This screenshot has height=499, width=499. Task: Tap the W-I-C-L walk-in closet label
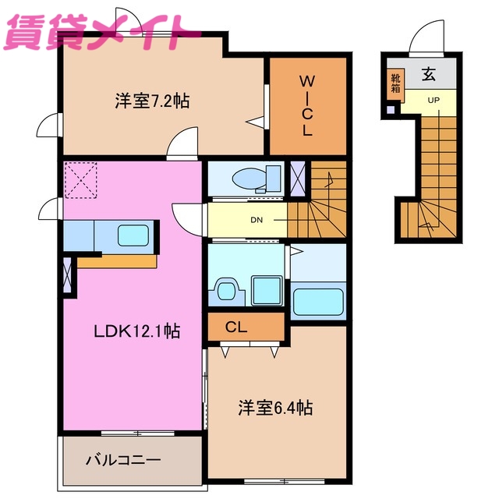307,105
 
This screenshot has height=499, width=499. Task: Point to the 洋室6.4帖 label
275,408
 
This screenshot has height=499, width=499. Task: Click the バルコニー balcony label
122,459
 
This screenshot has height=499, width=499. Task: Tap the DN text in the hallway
256,219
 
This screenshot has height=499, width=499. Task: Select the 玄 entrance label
429,76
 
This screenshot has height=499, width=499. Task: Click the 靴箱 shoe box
395,82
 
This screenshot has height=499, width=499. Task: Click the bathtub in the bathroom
317,300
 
